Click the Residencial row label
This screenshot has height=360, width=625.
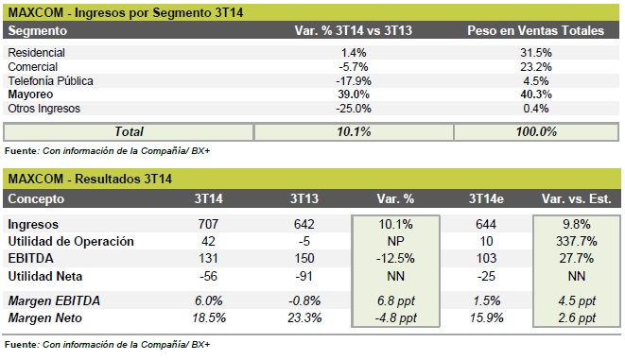[x=36, y=53]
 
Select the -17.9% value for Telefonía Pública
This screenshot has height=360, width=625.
[x=354, y=81]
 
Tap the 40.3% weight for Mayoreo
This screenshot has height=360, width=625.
[x=536, y=94]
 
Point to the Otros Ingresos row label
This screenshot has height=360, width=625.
[x=43, y=109]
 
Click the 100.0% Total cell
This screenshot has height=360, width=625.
[x=536, y=132]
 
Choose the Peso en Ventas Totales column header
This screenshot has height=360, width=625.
[x=536, y=30]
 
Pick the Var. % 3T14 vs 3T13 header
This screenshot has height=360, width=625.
[x=353, y=30]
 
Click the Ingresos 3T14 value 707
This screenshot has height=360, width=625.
[x=208, y=224]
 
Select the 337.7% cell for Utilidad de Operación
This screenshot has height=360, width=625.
[x=577, y=241]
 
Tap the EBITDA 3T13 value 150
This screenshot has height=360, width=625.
[x=304, y=258]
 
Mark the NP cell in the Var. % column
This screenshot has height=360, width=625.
[x=395, y=241]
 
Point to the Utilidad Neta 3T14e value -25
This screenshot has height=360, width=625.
[x=486, y=276]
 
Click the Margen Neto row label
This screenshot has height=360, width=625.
[x=45, y=317]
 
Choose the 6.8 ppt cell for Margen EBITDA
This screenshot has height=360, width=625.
[x=396, y=300]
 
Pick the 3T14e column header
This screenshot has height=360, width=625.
[x=486, y=198]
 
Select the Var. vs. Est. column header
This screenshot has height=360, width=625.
[x=577, y=198]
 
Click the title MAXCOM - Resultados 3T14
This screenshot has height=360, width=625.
[x=90, y=179]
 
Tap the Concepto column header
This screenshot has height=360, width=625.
[x=36, y=198]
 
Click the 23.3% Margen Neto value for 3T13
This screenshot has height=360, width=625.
[x=304, y=317]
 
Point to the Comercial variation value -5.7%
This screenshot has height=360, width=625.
[x=354, y=66]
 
